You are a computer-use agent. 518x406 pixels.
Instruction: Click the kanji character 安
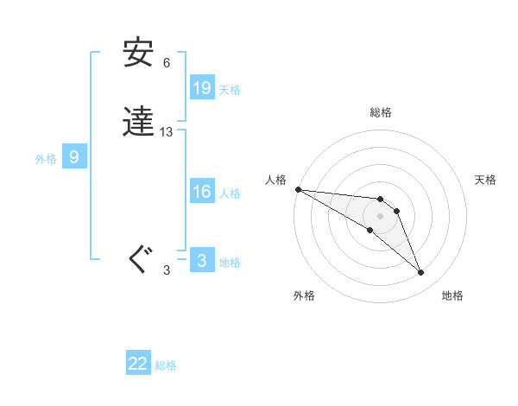(138, 54)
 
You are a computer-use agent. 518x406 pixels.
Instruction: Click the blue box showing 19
(202, 87)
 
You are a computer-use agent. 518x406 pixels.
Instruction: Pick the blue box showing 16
(202, 192)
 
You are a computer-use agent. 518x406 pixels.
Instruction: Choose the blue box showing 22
(138, 364)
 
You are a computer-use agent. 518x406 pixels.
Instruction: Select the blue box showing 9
(74, 157)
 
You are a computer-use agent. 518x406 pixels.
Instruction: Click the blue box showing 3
(202, 261)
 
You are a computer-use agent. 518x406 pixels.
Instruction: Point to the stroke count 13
(167, 132)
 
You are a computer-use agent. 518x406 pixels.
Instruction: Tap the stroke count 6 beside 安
(167, 63)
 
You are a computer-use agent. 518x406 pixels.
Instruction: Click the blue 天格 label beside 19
(230, 89)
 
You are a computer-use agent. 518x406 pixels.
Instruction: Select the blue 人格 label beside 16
(230, 193)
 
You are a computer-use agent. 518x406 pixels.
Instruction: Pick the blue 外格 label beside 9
(45, 159)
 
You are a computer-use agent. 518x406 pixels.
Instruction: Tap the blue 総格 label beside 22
(166, 365)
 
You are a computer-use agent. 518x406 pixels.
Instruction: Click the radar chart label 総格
(381, 112)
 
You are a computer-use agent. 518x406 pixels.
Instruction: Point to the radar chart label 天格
(486, 180)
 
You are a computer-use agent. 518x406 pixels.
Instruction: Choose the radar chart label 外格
(304, 295)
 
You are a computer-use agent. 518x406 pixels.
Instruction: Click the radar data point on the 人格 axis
(298, 189)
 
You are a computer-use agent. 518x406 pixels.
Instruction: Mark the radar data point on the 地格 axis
(421, 273)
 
